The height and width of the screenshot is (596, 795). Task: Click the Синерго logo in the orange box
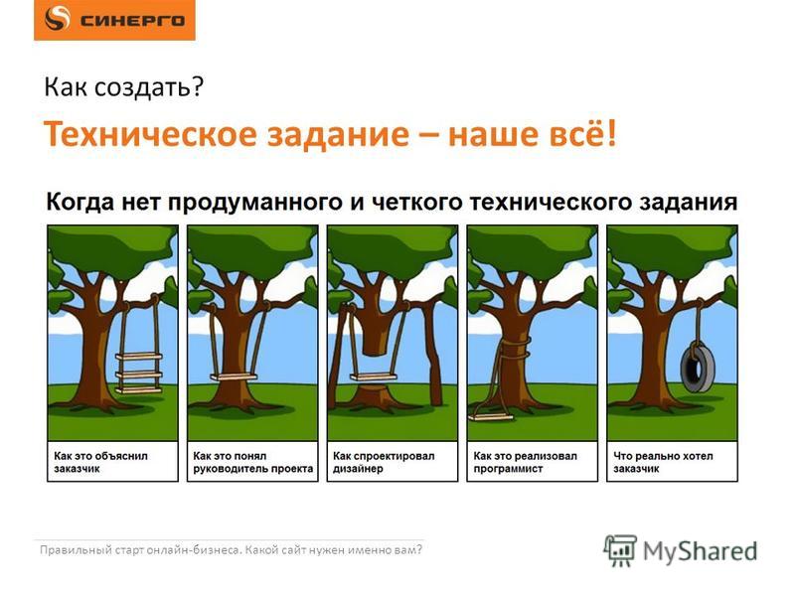[114, 20]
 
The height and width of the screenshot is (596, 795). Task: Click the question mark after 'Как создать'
[197, 86]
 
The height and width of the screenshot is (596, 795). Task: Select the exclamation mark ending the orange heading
[611, 133]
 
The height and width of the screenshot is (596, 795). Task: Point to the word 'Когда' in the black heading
[80, 203]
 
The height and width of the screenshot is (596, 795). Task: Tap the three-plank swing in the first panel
[138, 373]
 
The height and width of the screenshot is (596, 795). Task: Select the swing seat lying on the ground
[491, 417]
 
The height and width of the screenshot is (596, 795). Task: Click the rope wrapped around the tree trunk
[514, 350]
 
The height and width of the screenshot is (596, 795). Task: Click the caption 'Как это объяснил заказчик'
[101, 462]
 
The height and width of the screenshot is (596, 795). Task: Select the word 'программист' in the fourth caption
[508, 469]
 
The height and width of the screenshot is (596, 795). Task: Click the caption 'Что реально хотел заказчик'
[663, 462]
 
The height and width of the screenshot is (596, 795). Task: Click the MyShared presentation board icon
[619, 550]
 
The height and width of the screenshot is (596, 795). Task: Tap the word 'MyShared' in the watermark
[701, 551]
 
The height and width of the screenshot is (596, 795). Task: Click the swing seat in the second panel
[234, 377]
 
